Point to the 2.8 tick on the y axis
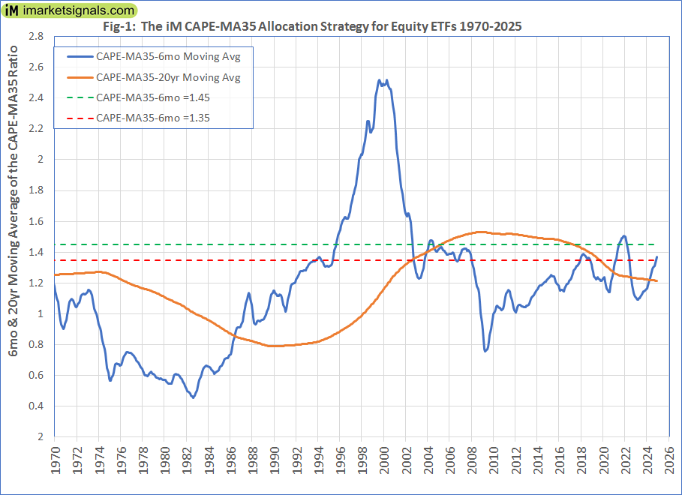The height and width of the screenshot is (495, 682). click(37, 36)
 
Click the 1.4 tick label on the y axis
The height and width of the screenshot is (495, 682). click(37, 252)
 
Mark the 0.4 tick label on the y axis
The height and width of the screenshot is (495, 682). click(37, 406)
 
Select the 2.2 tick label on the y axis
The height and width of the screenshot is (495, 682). click(37, 128)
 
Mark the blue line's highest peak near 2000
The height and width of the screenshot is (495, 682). click(380, 79)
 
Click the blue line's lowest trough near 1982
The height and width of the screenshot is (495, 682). click(193, 397)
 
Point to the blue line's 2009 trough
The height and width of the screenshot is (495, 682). click(485, 350)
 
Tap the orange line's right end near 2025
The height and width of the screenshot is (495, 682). click(658, 281)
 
